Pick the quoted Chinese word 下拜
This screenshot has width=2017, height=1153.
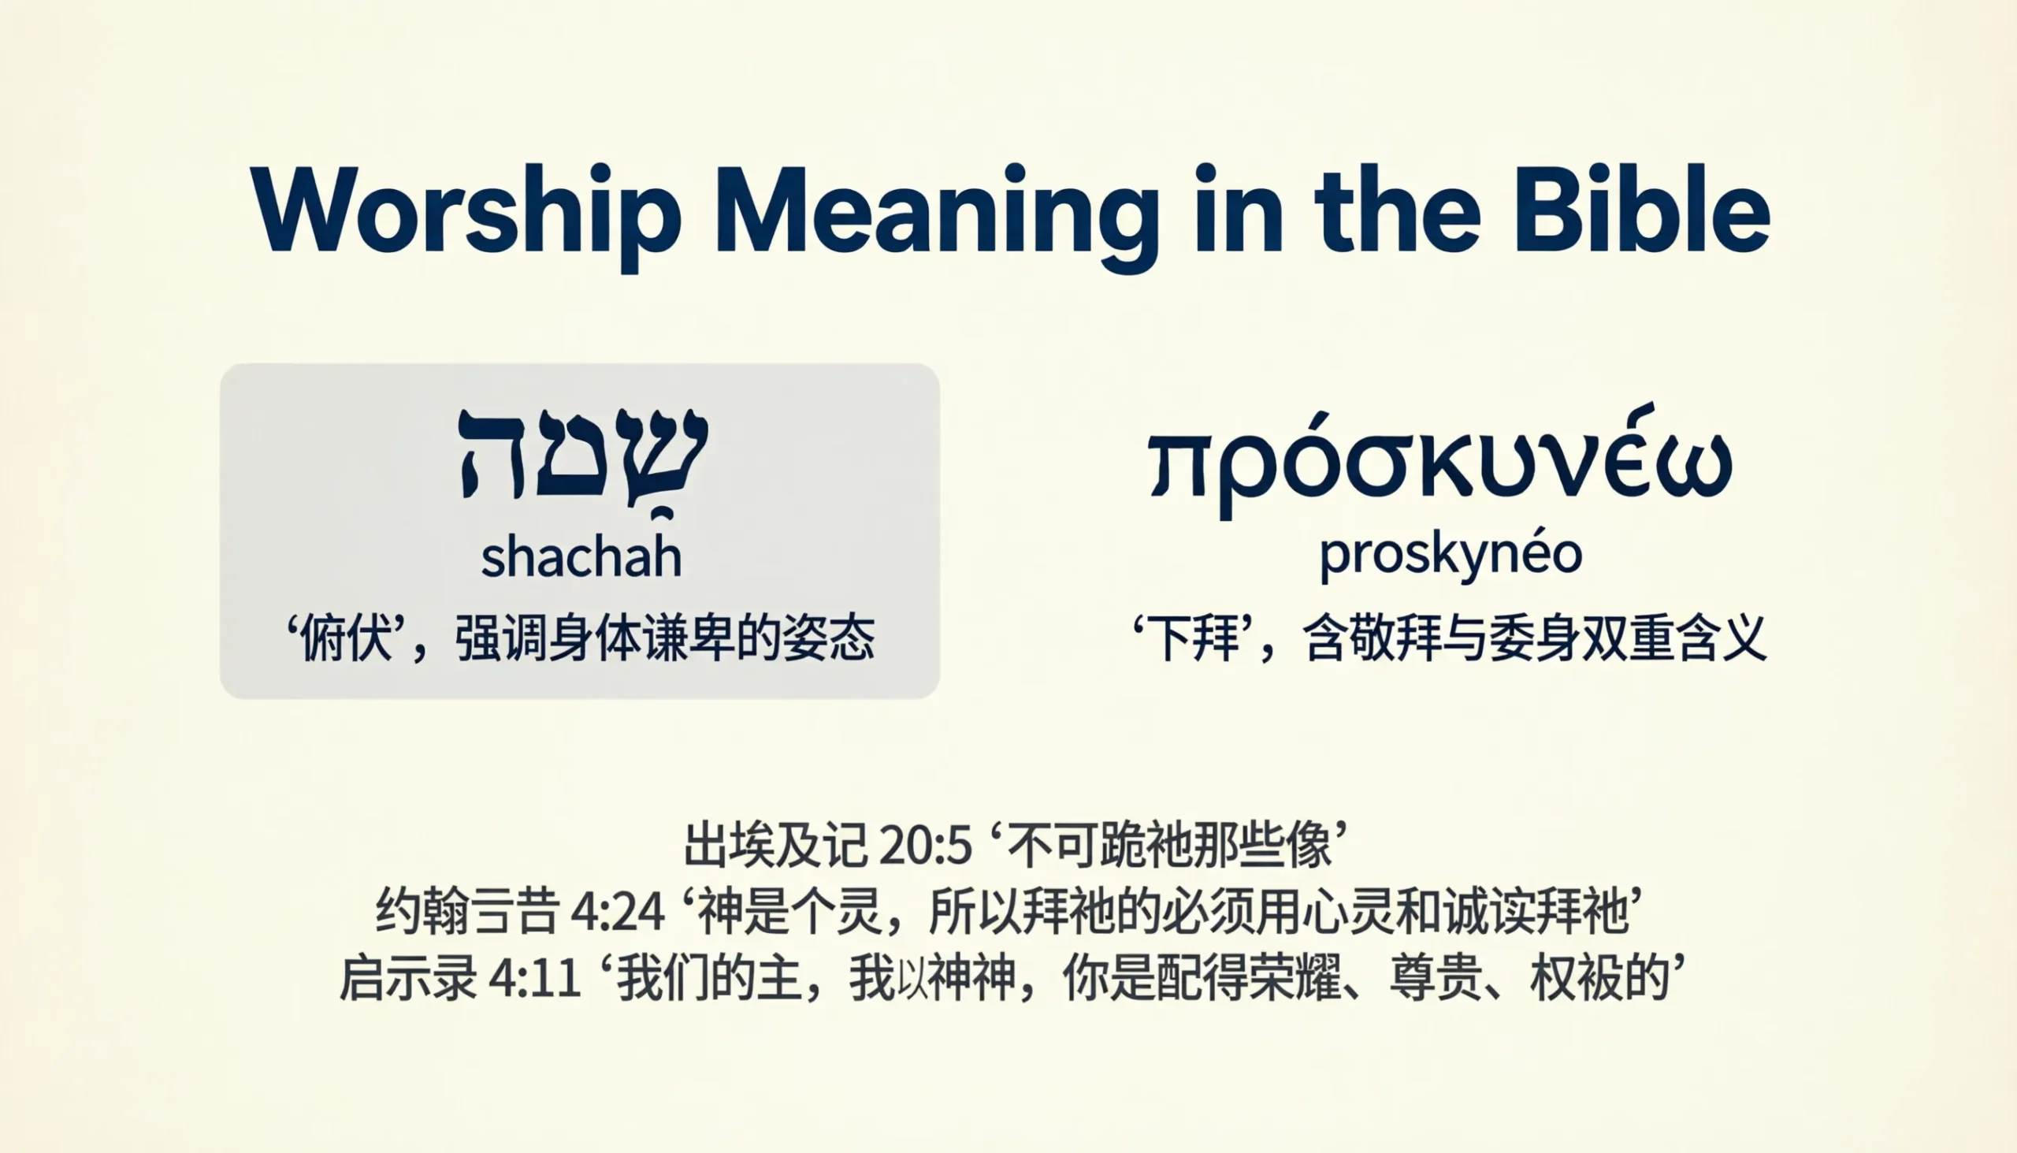tap(1194, 638)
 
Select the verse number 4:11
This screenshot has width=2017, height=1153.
tap(535, 980)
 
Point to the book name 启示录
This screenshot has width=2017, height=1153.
tap(407, 980)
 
